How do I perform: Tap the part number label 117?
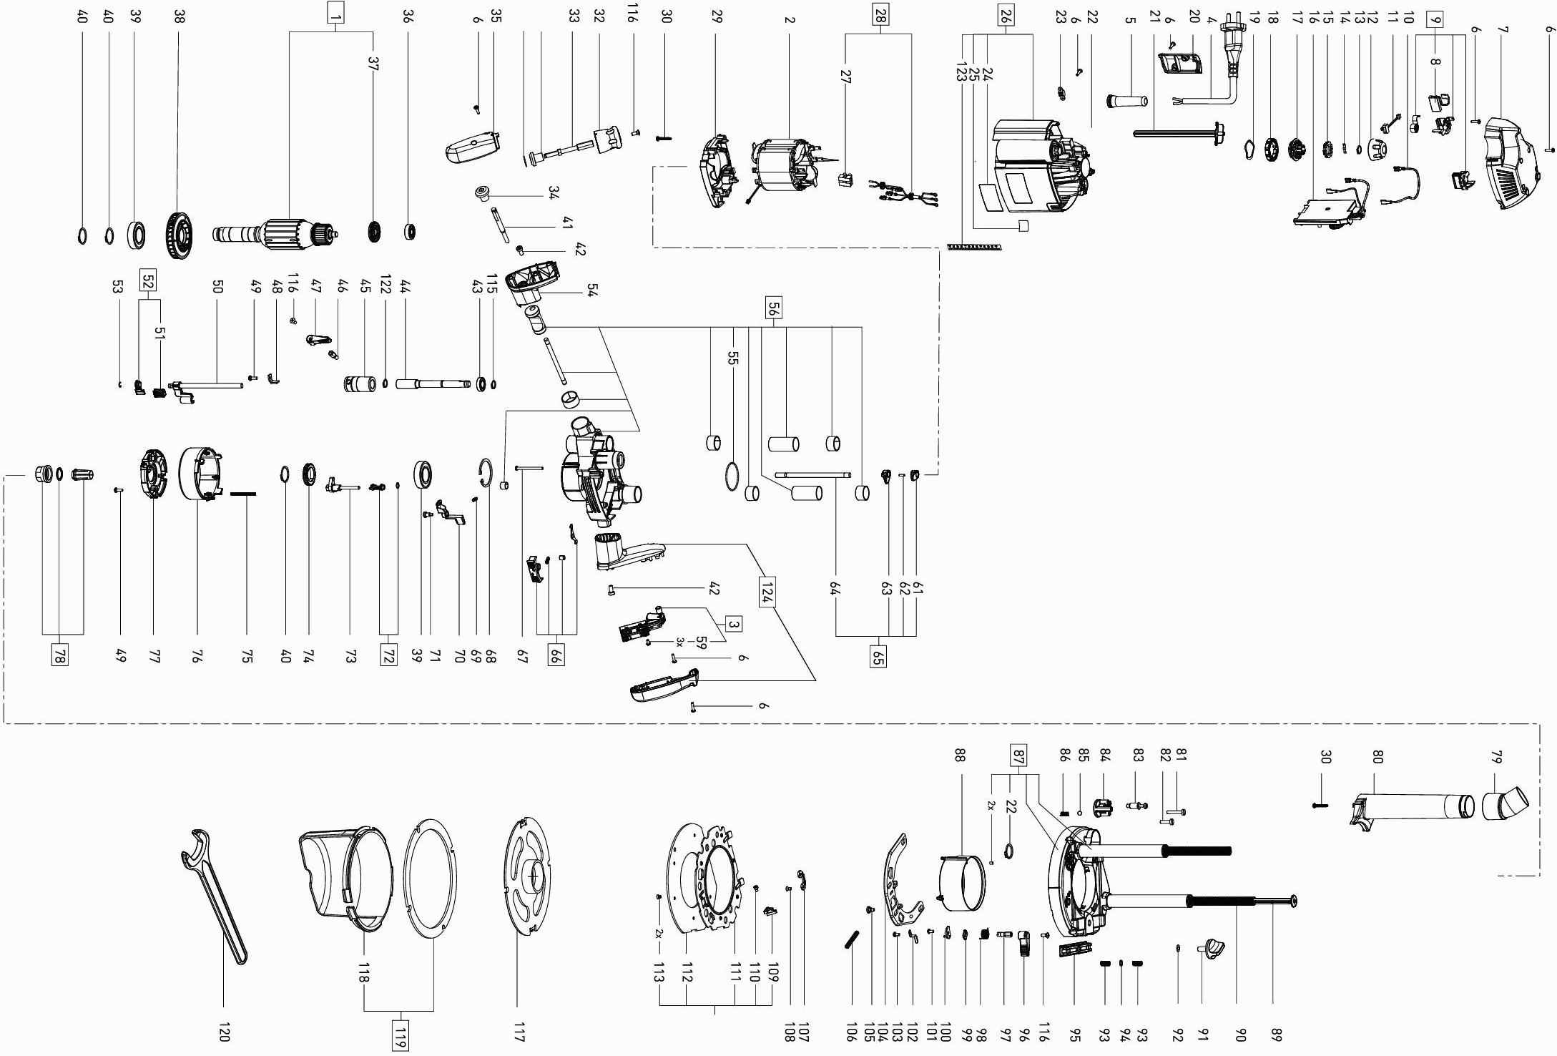pyautogui.click(x=519, y=1034)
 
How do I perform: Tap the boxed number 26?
pyautogui.click(x=1005, y=17)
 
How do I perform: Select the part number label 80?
pyautogui.click(x=1377, y=756)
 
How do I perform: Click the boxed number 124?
pyautogui.click(x=765, y=593)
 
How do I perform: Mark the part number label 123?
pyautogui.click(x=961, y=72)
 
